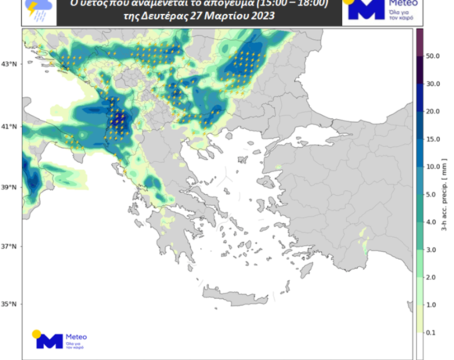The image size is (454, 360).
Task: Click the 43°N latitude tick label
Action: point(9,64)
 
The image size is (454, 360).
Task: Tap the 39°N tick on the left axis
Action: point(9,188)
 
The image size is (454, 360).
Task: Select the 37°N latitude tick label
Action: point(9,247)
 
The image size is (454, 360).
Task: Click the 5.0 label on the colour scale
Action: point(432,194)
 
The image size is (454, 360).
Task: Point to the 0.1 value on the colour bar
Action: point(432,332)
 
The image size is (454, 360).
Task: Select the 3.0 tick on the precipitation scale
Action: point(432,250)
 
